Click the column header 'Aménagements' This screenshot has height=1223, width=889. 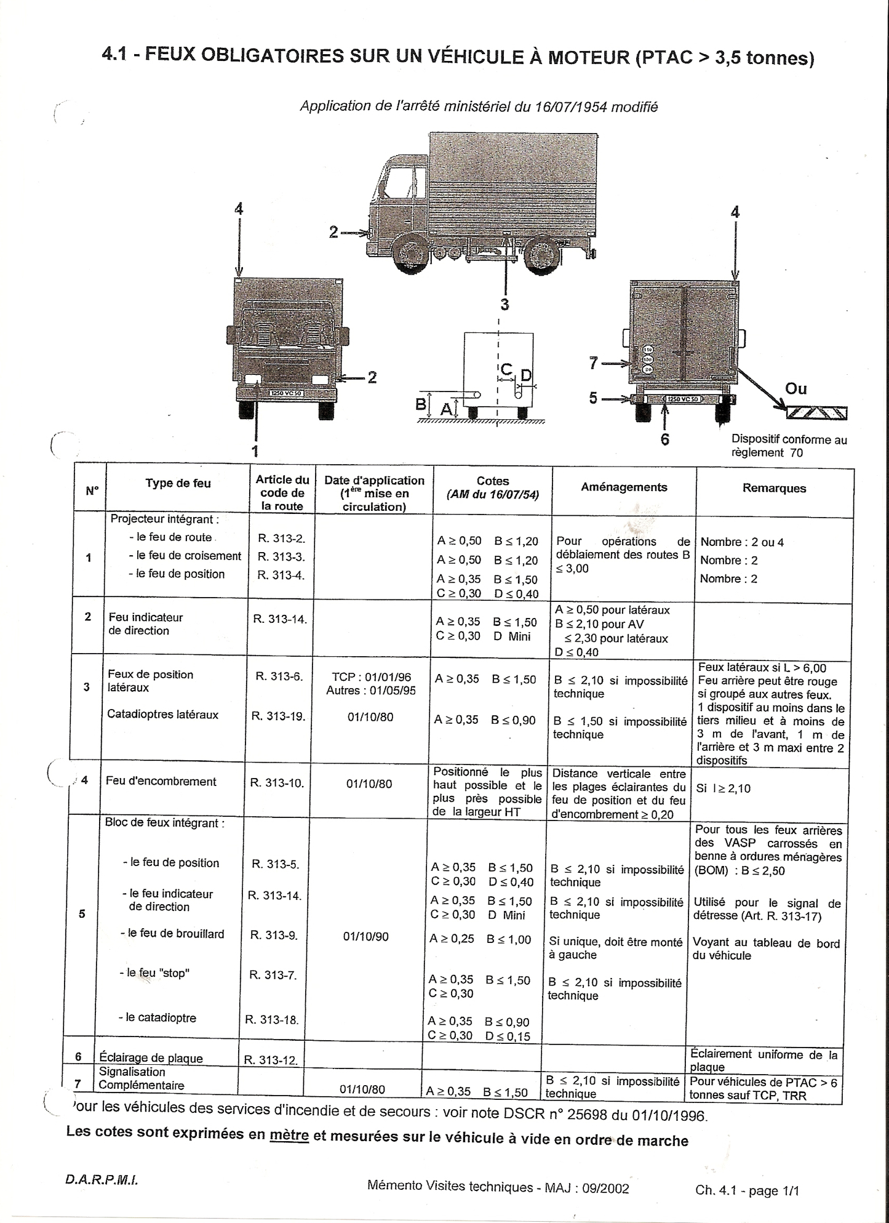tap(624, 487)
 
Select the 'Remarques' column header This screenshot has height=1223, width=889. tap(774, 489)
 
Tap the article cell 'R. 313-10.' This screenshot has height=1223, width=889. tap(277, 784)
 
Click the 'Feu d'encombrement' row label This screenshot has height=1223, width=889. tap(161, 782)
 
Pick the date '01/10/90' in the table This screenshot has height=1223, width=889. tap(366, 937)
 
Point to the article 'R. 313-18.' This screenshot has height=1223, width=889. tap(272, 1020)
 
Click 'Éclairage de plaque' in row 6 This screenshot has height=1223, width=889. tap(151, 1058)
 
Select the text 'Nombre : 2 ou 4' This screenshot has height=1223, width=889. tap(742, 542)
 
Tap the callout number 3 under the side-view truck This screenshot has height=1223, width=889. tap(504, 304)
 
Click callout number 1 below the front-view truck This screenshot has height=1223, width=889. tap(255, 451)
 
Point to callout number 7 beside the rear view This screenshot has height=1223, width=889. tap(593, 364)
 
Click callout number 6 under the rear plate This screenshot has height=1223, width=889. tap(664, 439)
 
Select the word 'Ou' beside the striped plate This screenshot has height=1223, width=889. tap(796, 389)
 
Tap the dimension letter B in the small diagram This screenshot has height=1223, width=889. tap(421, 404)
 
